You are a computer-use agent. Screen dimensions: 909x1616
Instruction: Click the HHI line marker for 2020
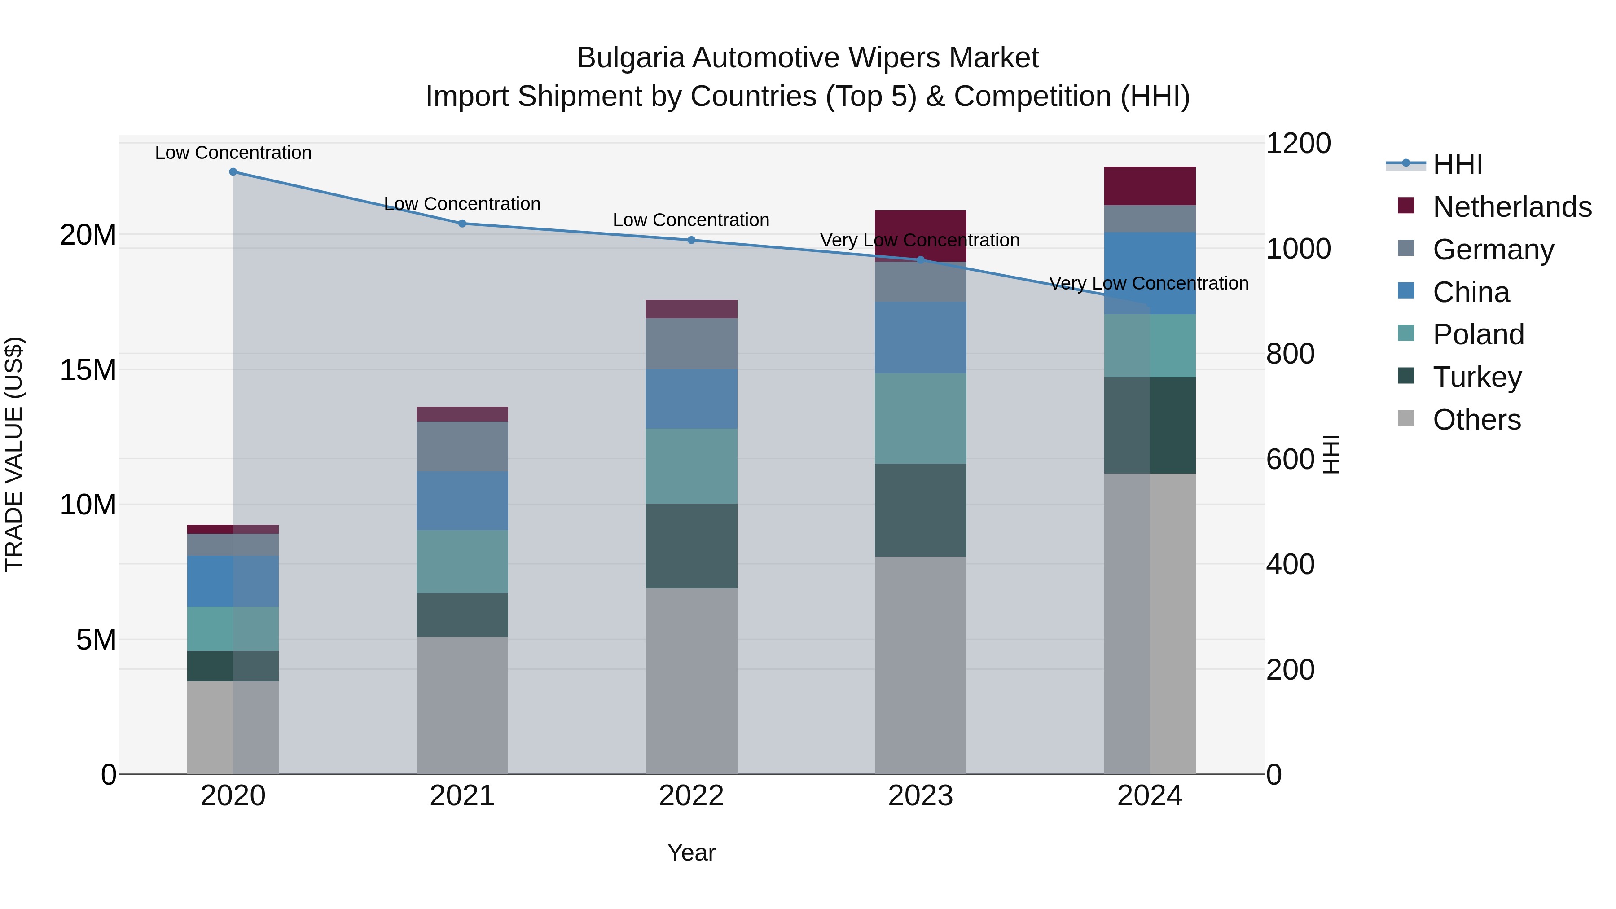pos(233,172)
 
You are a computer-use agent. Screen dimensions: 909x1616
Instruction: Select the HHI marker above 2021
pos(462,224)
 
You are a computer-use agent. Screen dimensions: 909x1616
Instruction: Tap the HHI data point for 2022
pos(691,240)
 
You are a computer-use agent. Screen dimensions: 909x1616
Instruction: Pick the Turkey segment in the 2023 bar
pos(920,510)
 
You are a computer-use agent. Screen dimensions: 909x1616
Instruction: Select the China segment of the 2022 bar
pos(691,399)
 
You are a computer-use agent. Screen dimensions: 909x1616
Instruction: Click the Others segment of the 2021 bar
pos(462,705)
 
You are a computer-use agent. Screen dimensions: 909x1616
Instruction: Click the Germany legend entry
pos(1493,250)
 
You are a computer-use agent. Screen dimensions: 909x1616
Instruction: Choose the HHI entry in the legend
pos(1457,164)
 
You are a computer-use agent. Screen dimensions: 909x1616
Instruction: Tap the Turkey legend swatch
pos(1406,376)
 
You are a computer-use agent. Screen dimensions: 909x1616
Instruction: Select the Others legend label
pos(1477,420)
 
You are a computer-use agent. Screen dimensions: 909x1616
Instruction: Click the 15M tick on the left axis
pos(88,370)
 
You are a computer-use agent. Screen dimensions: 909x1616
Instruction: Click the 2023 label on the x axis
pos(920,796)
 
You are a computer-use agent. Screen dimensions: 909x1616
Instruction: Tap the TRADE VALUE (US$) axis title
pos(14,454)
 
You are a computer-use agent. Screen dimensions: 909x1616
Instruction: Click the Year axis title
pos(691,852)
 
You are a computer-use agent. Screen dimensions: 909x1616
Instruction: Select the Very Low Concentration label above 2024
pos(1149,284)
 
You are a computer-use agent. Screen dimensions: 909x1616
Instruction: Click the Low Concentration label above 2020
pos(233,153)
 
